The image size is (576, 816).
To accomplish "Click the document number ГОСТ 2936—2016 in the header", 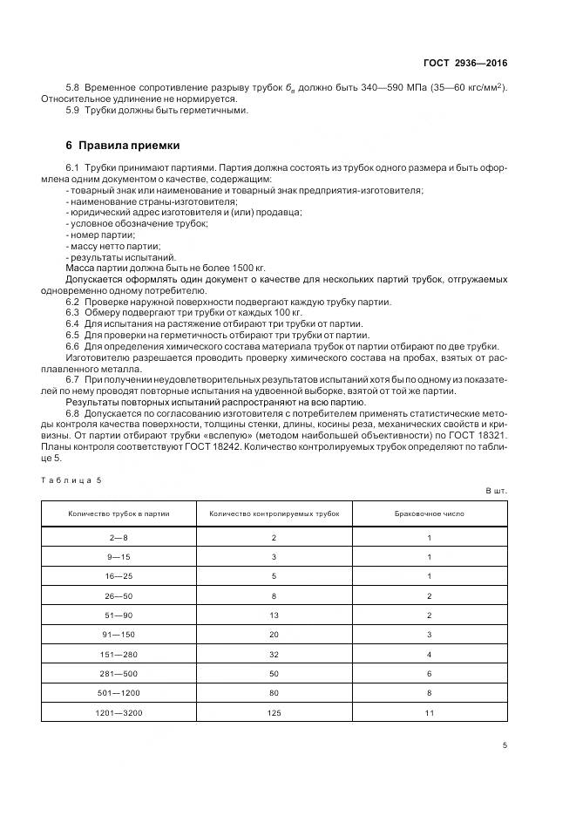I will coord(464,64).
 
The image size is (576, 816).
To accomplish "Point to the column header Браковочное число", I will coord(430,513).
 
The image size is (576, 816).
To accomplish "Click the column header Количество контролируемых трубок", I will coord(274,513).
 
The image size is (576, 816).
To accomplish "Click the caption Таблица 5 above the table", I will coord(72,480).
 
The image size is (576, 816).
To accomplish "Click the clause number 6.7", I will coord(73,380).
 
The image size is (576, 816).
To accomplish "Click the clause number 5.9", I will coord(73,110).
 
